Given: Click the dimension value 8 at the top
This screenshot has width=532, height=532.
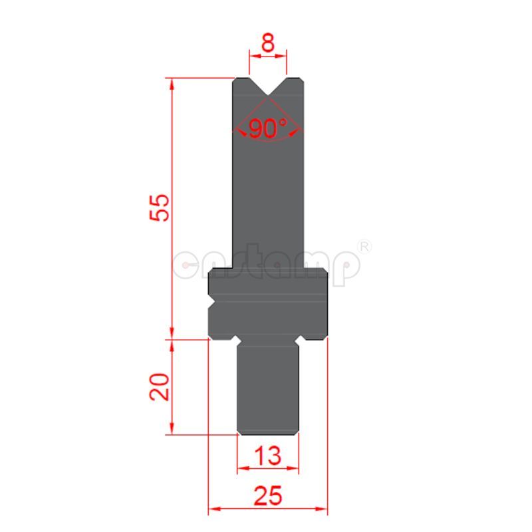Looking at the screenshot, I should [267, 45].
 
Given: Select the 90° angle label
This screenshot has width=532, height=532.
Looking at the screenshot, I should [267, 128].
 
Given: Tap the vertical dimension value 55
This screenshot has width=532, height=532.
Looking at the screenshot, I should [160, 209].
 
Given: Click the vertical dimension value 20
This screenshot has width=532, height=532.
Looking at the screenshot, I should [160, 386].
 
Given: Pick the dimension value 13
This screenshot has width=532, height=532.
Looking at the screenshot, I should [268, 456].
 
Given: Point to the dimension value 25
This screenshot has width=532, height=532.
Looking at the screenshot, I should [268, 496].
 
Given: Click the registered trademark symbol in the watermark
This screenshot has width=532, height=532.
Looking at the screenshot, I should [364, 246].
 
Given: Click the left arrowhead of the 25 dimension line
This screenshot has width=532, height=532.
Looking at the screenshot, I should [213, 510].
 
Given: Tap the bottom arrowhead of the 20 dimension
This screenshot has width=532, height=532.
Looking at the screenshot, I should [172, 430].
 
